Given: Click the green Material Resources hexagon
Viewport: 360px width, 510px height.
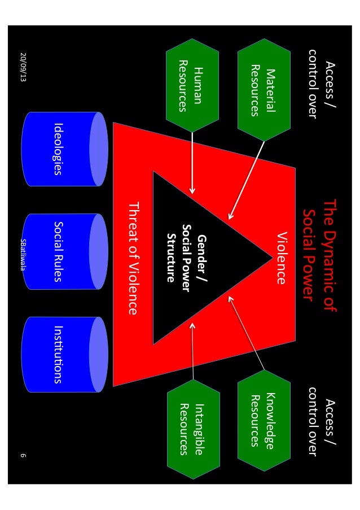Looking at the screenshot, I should (x=264, y=91).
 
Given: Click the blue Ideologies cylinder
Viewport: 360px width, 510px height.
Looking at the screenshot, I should (x=64, y=149).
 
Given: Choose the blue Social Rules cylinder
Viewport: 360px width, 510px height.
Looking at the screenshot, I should (x=64, y=251).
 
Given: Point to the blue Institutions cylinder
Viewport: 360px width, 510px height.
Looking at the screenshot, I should (x=64, y=355).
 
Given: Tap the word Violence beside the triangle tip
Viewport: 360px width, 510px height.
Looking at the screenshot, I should (x=282, y=257).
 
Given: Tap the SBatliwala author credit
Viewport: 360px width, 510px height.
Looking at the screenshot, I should (x=23, y=254).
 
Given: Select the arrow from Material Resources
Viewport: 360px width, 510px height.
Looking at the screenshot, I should (x=246, y=181).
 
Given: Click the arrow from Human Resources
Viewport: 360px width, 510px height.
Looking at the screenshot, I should (x=192, y=164).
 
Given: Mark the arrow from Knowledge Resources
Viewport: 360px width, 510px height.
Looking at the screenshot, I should (x=246, y=333).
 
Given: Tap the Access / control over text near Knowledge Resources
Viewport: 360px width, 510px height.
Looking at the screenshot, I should (x=319, y=420).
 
